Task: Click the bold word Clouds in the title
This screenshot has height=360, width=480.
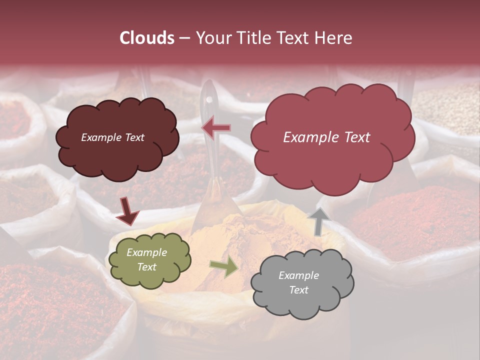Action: pos(147,38)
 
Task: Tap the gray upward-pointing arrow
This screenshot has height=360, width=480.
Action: pos(318,221)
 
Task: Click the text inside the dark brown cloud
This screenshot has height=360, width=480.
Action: pos(113,137)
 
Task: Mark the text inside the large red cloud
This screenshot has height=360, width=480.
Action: pos(326,137)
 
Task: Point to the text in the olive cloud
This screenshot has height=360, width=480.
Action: pos(146,260)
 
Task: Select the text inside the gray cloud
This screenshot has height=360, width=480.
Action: pos(298,282)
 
